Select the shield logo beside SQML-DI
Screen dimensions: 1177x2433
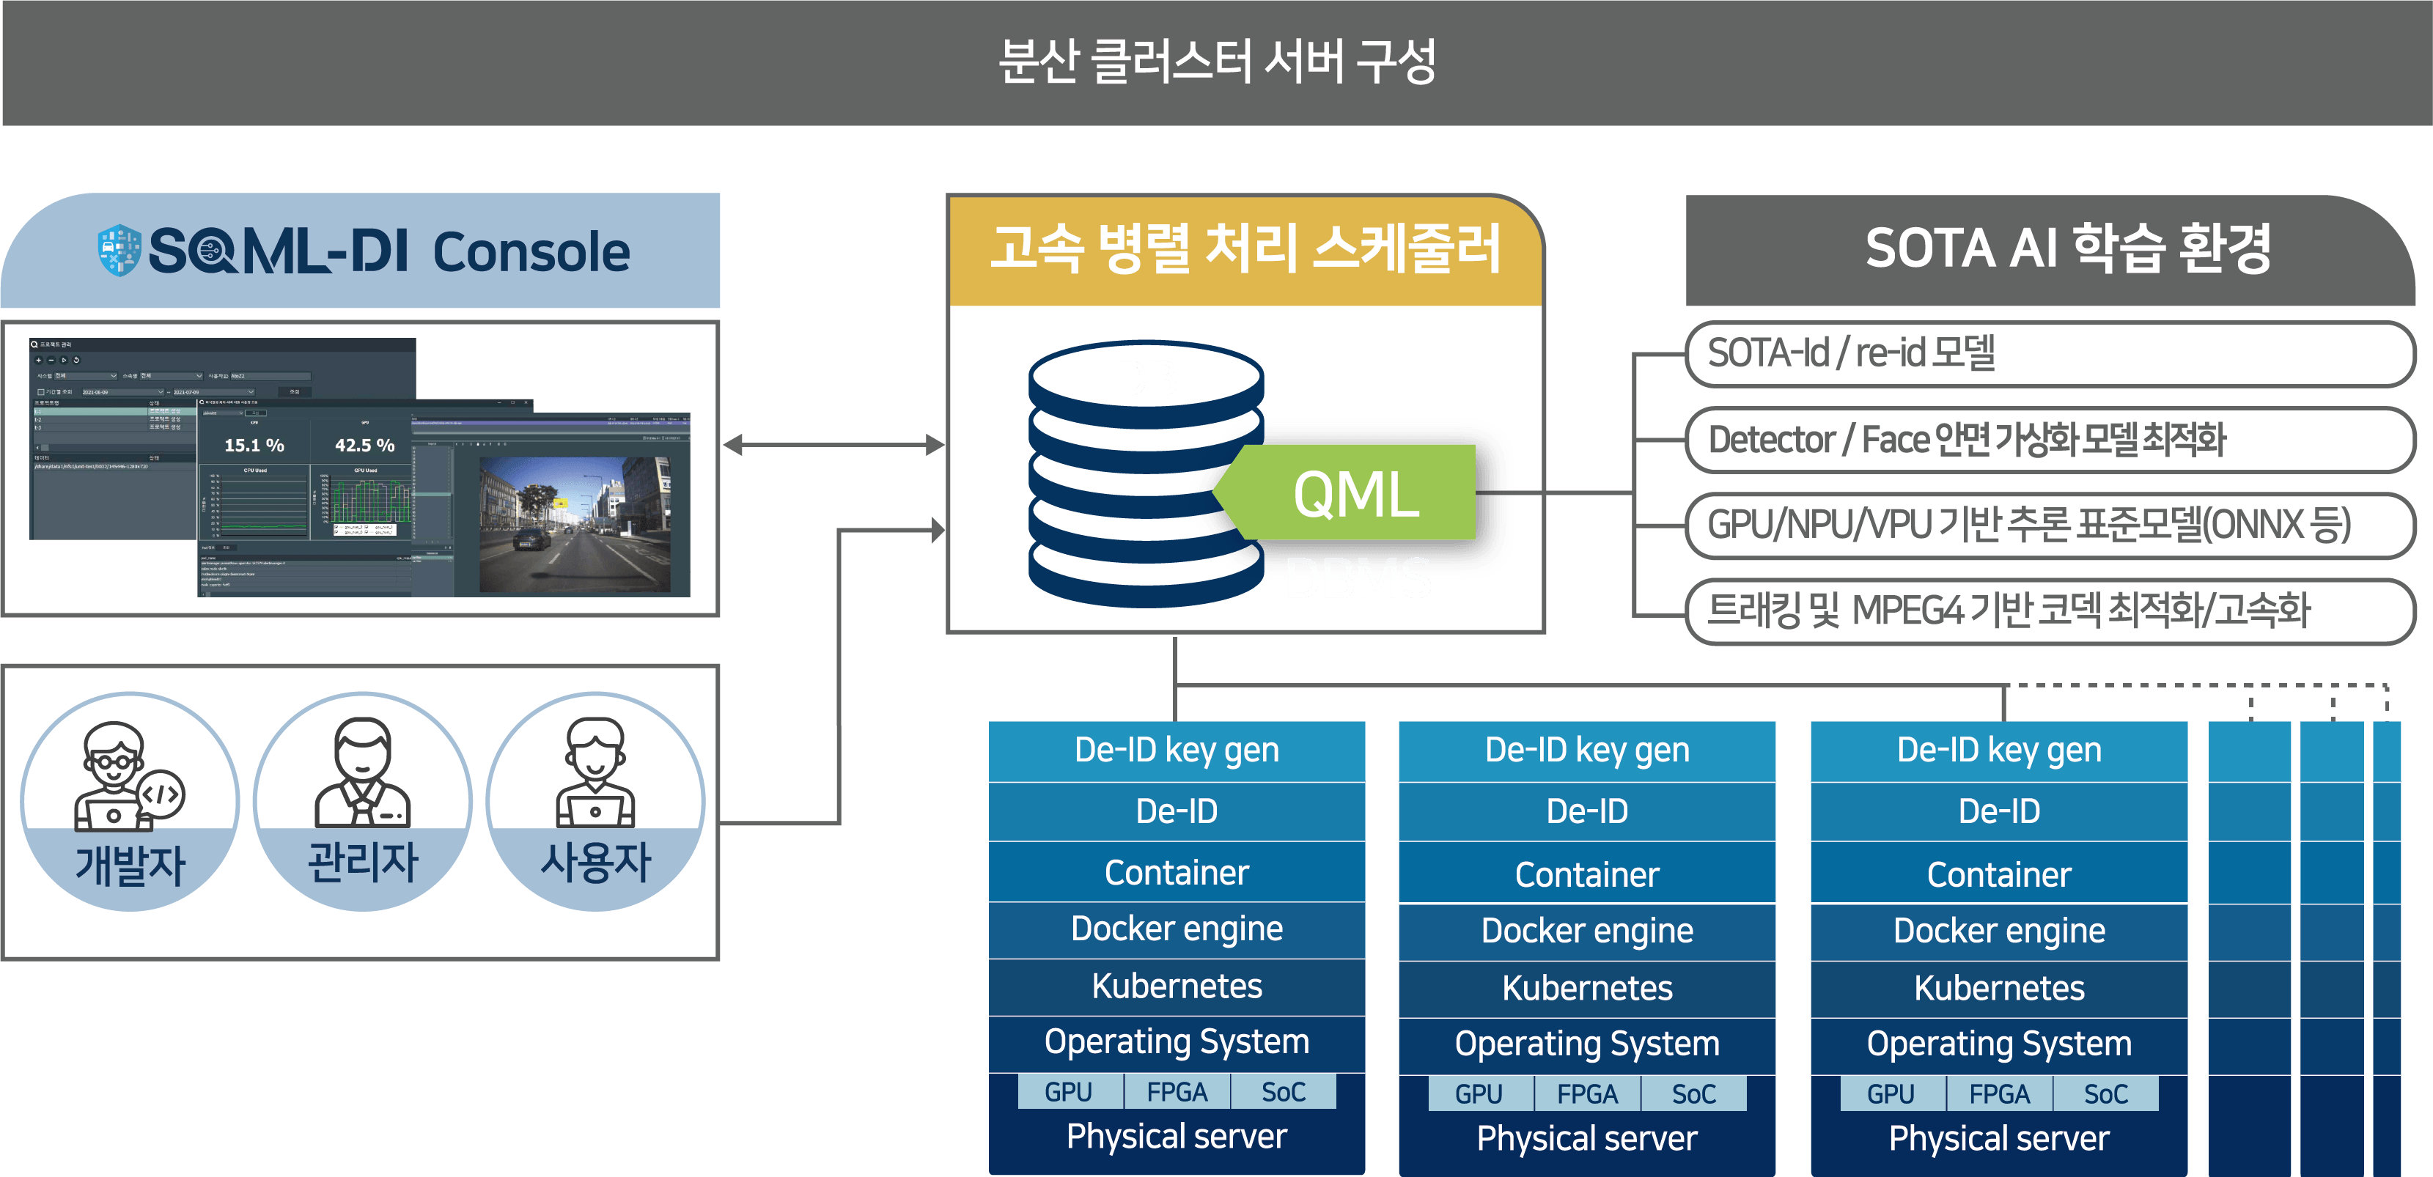click(x=119, y=251)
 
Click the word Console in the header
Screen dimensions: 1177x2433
click(x=531, y=252)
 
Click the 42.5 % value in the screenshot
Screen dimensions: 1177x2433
click(x=364, y=445)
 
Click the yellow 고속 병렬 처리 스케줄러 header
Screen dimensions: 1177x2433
click(x=1245, y=251)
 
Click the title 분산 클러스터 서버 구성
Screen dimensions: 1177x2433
click(x=1217, y=62)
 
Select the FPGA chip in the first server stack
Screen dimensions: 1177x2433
click(x=1177, y=1092)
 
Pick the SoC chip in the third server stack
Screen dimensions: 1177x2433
click(x=2105, y=1094)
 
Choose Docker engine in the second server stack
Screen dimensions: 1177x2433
click(x=1587, y=931)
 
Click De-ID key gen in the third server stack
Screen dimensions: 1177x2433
click(x=1998, y=750)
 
